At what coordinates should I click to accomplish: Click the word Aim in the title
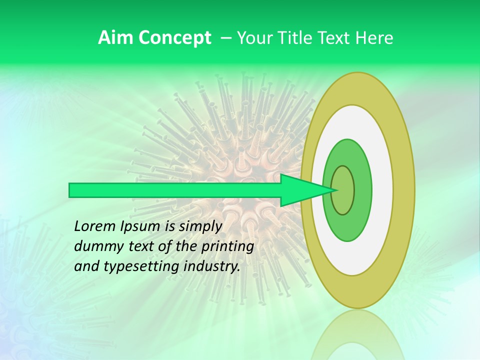coord(116,38)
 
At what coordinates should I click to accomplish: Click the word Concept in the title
coord(174,38)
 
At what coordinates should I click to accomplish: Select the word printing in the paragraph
coord(227,246)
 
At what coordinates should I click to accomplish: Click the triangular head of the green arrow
coord(302,190)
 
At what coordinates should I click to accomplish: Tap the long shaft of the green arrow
coord(175,190)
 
